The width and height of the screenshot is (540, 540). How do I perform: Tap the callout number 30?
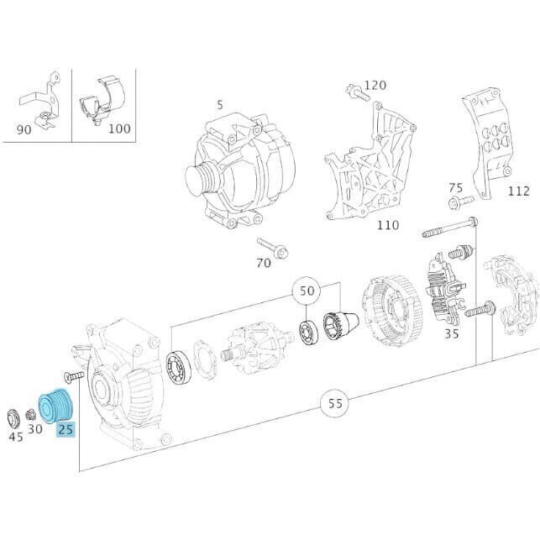(35, 428)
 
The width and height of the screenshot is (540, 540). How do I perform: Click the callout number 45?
(16, 436)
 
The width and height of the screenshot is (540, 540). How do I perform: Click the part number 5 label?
(220, 105)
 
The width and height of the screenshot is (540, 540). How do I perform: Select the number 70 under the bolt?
(264, 264)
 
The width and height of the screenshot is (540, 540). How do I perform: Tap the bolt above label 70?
(273, 246)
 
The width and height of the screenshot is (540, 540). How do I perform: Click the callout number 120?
(375, 85)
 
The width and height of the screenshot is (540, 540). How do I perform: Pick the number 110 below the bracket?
(387, 224)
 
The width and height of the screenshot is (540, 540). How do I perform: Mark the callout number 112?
(518, 191)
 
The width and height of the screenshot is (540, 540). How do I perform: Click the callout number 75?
(455, 187)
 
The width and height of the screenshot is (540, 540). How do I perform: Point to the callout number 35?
(452, 333)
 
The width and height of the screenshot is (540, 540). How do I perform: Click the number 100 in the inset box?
(120, 128)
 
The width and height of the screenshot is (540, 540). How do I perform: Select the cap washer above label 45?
(14, 417)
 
